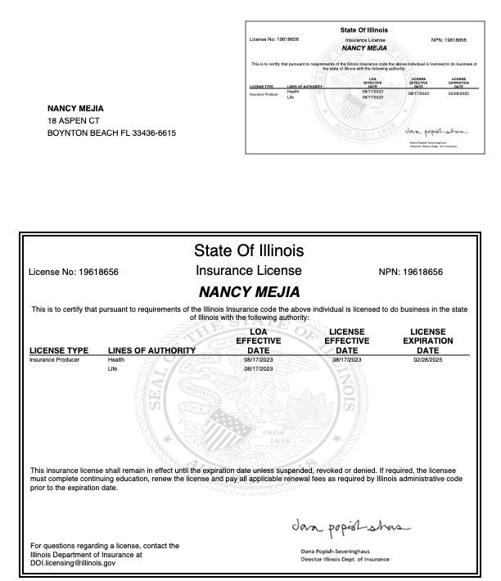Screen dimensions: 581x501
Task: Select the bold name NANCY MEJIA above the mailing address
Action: tap(75, 109)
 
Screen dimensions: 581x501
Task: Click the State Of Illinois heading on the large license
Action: tap(249, 249)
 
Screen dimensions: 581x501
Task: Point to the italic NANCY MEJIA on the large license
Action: tap(249, 292)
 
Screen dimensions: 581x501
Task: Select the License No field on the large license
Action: tap(74, 272)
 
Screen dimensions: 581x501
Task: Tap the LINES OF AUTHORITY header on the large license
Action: tap(151, 351)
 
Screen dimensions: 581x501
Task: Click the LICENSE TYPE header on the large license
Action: tap(59, 351)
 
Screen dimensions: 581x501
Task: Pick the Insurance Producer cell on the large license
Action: tap(54, 360)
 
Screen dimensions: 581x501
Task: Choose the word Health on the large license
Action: tap(115, 360)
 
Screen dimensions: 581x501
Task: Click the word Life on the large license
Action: tap(112, 370)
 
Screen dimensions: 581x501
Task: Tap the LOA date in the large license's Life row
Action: tap(258, 370)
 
